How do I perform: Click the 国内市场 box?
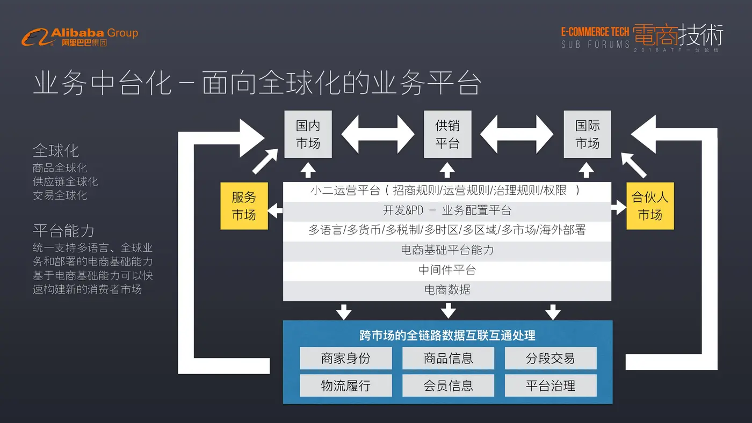tap(308, 134)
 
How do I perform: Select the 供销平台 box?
tap(447, 134)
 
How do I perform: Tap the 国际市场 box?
tap(587, 134)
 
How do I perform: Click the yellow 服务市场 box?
tap(244, 206)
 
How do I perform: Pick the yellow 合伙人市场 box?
tap(650, 206)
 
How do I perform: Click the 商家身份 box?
tap(345, 358)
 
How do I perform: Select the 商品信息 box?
tap(448, 358)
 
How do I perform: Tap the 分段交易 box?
tap(551, 358)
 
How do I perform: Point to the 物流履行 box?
tap(345, 385)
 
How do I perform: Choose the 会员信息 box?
tap(448, 385)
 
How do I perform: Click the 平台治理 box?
tap(551, 385)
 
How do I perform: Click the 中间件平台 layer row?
tap(447, 270)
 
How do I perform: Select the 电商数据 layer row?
tap(447, 290)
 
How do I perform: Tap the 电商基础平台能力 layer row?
tap(447, 250)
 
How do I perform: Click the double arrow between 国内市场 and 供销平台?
tap(378, 134)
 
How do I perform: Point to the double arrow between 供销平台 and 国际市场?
tap(517, 134)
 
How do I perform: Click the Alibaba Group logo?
tap(79, 37)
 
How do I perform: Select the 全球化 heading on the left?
tap(56, 150)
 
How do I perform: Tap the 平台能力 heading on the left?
tap(63, 231)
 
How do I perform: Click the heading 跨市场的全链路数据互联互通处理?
tap(447, 336)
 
